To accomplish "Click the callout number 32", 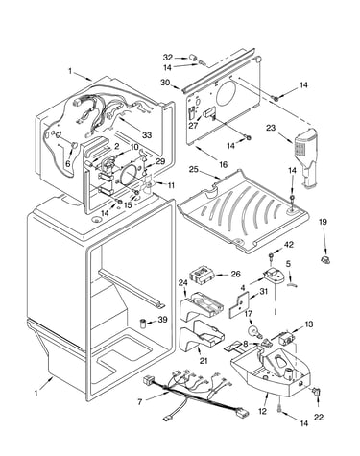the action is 168,58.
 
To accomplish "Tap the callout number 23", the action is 271,128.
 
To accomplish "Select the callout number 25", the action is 193,170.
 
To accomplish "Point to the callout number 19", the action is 323,222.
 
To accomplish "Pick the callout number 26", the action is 235,274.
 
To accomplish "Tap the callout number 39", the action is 162,320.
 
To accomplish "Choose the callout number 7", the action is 140,402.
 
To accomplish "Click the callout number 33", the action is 147,135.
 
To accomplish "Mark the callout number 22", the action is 319,417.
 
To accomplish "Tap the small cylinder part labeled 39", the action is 143,323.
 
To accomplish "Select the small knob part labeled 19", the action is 325,260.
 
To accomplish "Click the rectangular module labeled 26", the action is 202,275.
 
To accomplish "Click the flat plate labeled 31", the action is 239,304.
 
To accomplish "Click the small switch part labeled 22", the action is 317,391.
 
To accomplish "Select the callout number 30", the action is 165,83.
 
